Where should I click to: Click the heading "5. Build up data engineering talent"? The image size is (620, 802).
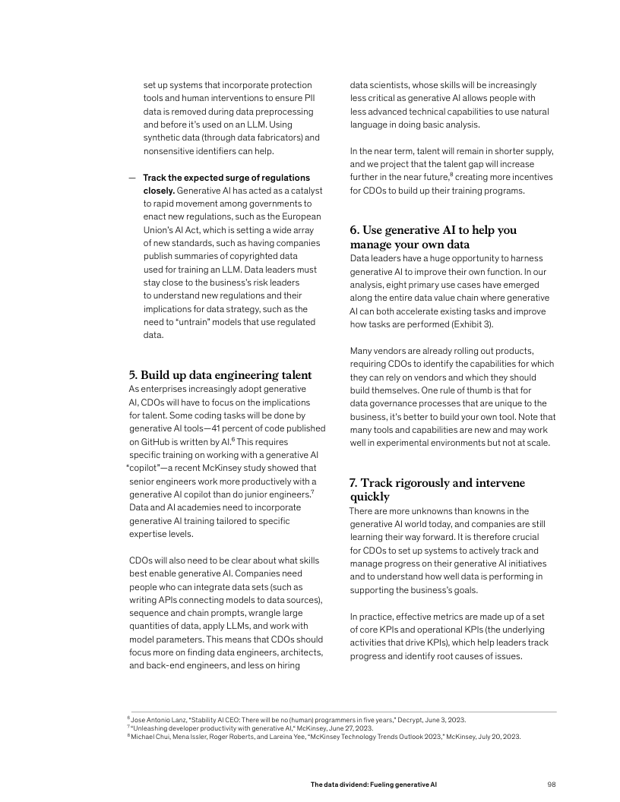point(220,375)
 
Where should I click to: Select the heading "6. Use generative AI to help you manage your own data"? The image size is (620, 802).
point(433,237)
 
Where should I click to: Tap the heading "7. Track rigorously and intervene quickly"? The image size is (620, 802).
point(437,489)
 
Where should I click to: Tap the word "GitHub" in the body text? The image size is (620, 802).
point(156,440)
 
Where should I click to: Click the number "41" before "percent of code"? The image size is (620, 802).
point(217,428)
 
